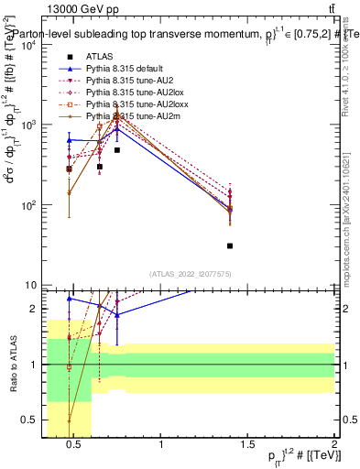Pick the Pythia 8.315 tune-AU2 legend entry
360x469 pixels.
point(125,81)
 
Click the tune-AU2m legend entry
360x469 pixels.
point(126,116)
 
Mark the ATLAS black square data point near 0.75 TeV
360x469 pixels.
point(117,149)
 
